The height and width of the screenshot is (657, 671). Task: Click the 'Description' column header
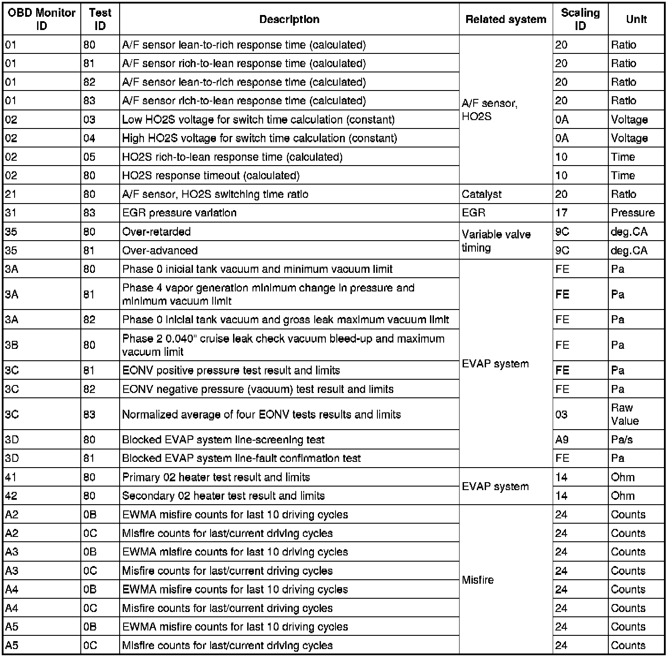tap(289, 19)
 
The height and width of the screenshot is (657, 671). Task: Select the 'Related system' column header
tap(505, 19)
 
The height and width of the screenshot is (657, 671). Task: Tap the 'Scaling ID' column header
tap(580, 19)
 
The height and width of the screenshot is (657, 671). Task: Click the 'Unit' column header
tap(636, 19)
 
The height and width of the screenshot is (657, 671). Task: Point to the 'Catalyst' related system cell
tap(482, 194)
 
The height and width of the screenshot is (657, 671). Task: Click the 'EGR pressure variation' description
tap(179, 213)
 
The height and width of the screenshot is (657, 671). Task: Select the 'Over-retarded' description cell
tap(157, 232)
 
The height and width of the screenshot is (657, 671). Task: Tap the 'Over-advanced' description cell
tap(160, 250)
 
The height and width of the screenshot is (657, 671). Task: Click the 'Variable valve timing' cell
tap(496, 241)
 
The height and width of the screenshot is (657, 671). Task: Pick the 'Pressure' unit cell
tap(633, 213)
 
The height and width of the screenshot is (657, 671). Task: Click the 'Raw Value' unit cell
tap(624, 414)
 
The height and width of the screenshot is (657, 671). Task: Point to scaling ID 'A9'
tap(562, 440)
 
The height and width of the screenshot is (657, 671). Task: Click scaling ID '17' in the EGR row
tap(561, 213)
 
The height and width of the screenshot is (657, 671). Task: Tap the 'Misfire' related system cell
tap(478, 580)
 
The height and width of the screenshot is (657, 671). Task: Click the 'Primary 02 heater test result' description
tap(216, 477)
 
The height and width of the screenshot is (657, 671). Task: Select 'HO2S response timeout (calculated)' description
tap(211, 176)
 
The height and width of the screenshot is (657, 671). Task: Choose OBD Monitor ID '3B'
tap(11, 345)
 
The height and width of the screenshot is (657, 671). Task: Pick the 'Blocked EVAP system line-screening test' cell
tap(223, 440)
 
